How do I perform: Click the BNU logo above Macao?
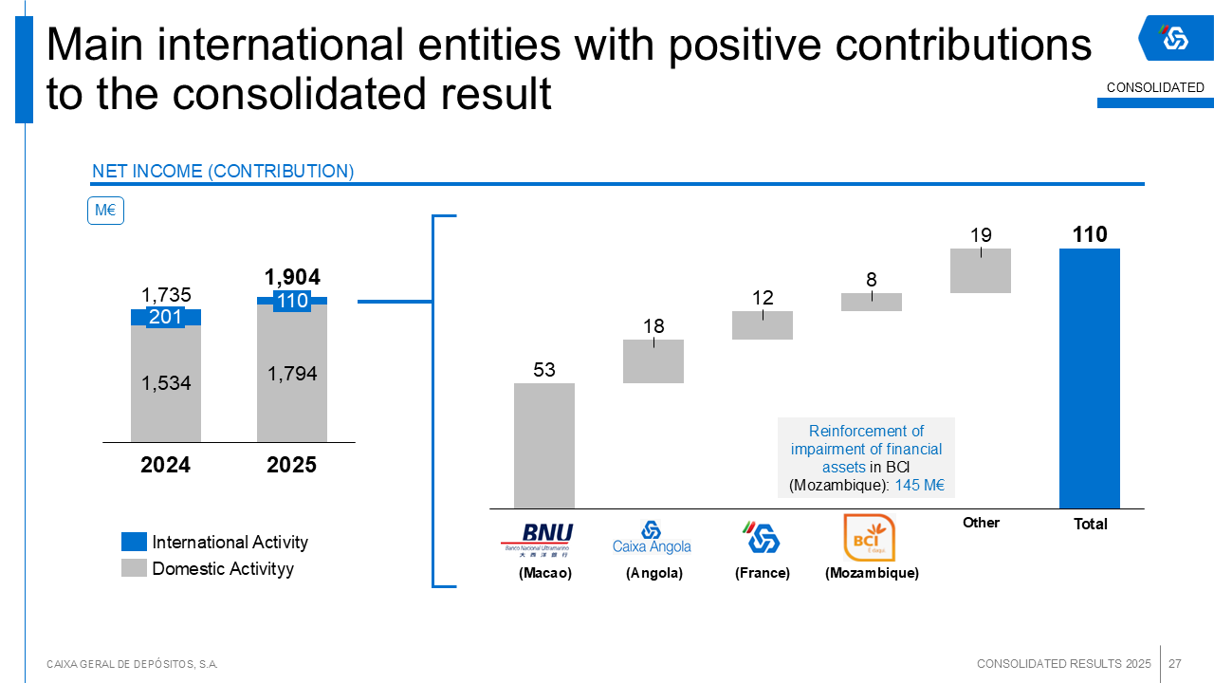(x=536, y=538)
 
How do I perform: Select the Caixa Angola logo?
(x=652, y=537)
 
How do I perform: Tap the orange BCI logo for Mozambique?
(x=869, y=538)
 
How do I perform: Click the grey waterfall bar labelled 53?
(x=544, y=446)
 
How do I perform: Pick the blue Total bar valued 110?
(x=1090, y=378)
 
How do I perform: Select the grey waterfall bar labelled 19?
(x=981, y=271)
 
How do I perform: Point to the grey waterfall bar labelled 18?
(x=653, y=361)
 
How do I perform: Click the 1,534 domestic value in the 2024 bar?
(x=166, y=383)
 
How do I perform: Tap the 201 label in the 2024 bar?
(x=166, y=317)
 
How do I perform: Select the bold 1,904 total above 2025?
(x=292, y=277)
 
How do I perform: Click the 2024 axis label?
(x=166, y=466)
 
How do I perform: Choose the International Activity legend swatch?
(x=134, y=542)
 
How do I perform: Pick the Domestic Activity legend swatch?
(x=134, y=568)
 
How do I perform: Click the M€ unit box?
(x=105, y=211)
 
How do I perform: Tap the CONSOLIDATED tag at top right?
(x=1155, y=87)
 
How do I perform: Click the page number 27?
(x=1175, y=663)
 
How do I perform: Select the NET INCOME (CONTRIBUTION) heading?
(x=223, y=172)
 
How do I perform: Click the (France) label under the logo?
(x=763, y=573)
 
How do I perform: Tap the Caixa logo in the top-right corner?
(x=1175, y=38)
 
